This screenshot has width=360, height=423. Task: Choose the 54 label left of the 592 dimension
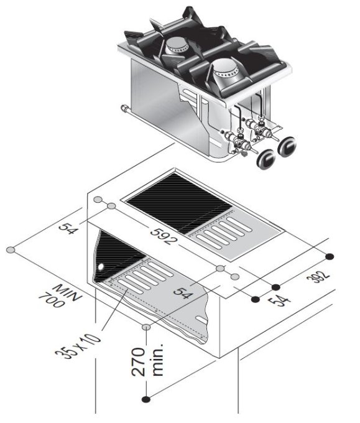pos(68,225)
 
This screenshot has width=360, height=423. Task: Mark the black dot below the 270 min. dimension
pos(145,399)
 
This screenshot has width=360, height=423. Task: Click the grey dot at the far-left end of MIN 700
pos(10,250)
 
